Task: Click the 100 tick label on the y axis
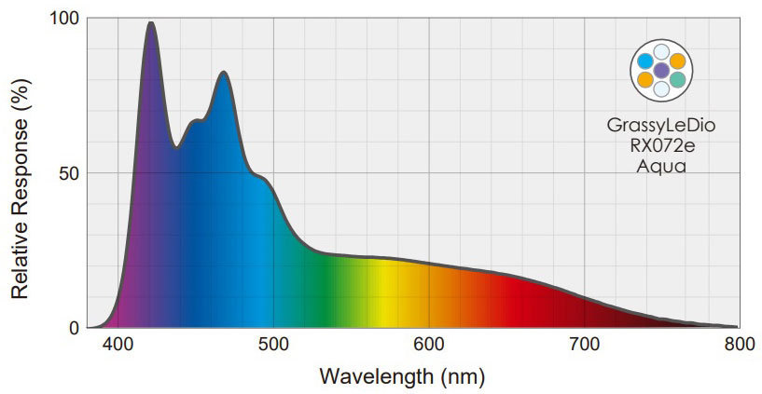[x=62, y=19]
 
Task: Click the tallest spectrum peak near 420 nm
[x=150, y=23]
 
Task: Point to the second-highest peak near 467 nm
[x=223, y=73]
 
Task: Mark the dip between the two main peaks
[x=174, y=146]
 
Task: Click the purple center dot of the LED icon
[x=661, y=70]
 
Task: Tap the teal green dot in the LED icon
[x=678, y=80]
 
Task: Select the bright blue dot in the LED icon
[x=644, y=61]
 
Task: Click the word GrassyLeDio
[x=661, y=125]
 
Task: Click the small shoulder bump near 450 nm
[x=196, y=120]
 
